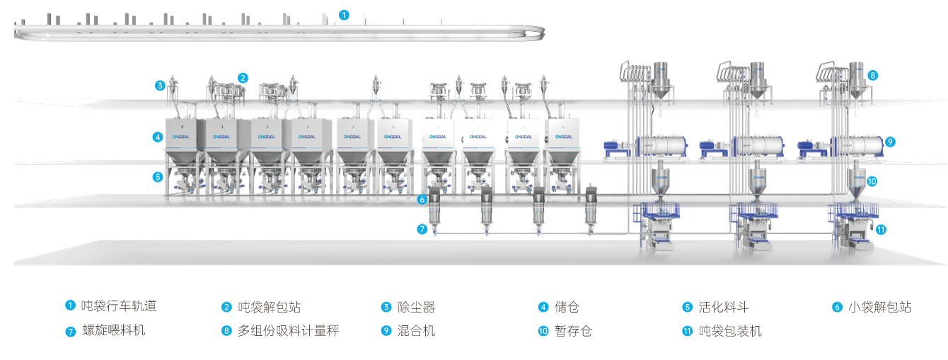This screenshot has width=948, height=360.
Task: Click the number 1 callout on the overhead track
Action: tap(344, 15)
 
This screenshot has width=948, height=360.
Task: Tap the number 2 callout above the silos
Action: tap(243, 78)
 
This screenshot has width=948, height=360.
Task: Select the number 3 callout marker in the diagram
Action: tap(161, 86)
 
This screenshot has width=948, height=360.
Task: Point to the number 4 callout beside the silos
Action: tap(158, 137)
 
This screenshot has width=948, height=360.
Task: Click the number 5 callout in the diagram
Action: tap(158, 177)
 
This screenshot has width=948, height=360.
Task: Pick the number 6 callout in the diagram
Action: tap(422, 199)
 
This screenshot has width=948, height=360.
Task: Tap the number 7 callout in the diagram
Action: tap(422, 229)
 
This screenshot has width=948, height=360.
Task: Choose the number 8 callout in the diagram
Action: tap(873, 74)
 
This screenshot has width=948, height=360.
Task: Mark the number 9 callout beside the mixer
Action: tap(890, 141)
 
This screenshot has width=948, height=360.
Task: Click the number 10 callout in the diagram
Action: tap(872, 181)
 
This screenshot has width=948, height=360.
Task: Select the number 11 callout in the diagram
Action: tap(881, 229)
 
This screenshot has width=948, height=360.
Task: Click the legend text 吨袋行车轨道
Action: tap(118, 306)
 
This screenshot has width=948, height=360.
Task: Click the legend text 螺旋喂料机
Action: tap(114, 330)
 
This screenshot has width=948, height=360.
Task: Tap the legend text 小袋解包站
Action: tap(879, 308)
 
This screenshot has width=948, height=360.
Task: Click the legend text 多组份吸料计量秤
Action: tap(288, 330)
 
